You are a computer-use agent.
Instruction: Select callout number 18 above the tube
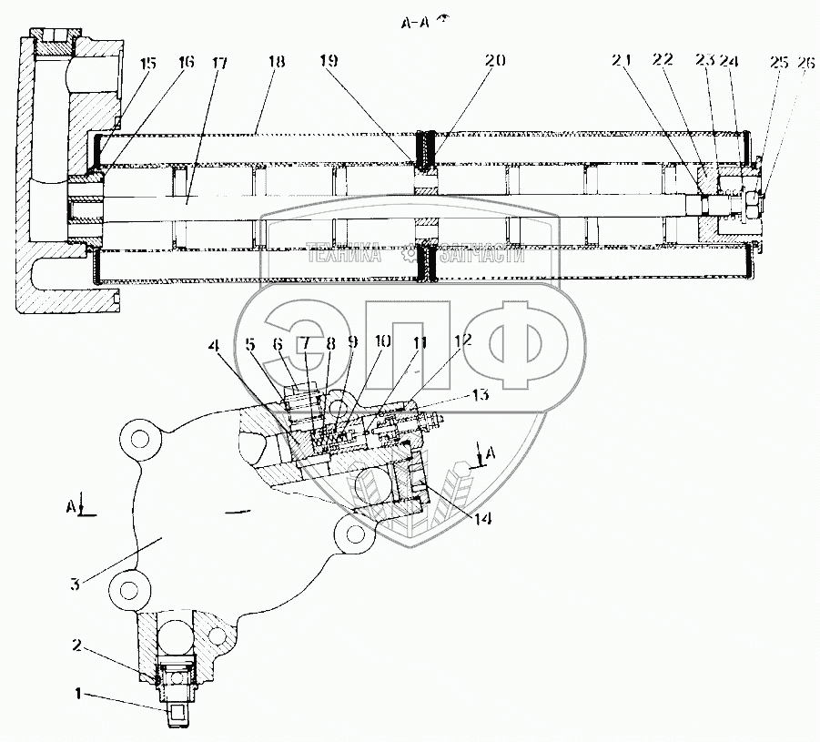277,62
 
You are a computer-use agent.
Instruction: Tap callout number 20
493,62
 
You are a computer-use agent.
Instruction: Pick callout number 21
623,62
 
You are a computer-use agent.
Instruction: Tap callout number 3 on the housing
76,584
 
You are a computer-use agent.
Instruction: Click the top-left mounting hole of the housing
139,441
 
